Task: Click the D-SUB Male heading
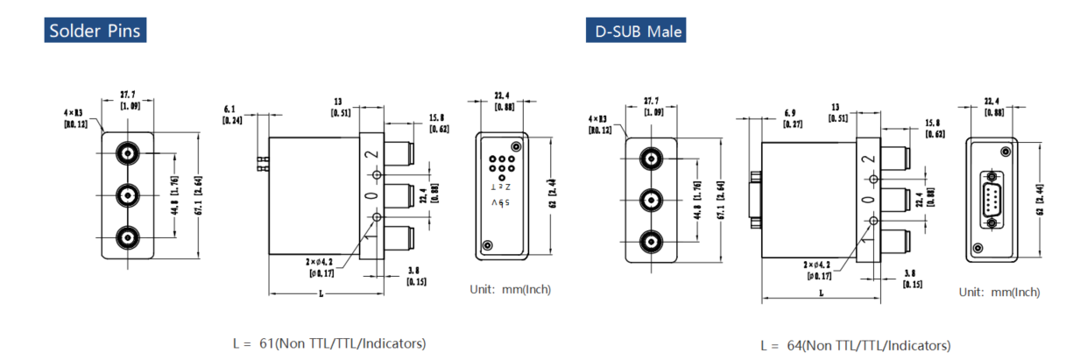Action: tap(636, 32)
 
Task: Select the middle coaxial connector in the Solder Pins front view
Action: tap(128, 194)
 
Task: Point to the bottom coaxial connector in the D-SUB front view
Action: tap(650, 240)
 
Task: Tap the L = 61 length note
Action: tap(329, 343)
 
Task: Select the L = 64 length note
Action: tap(855, 346)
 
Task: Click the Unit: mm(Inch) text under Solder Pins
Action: tap(511, 289)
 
